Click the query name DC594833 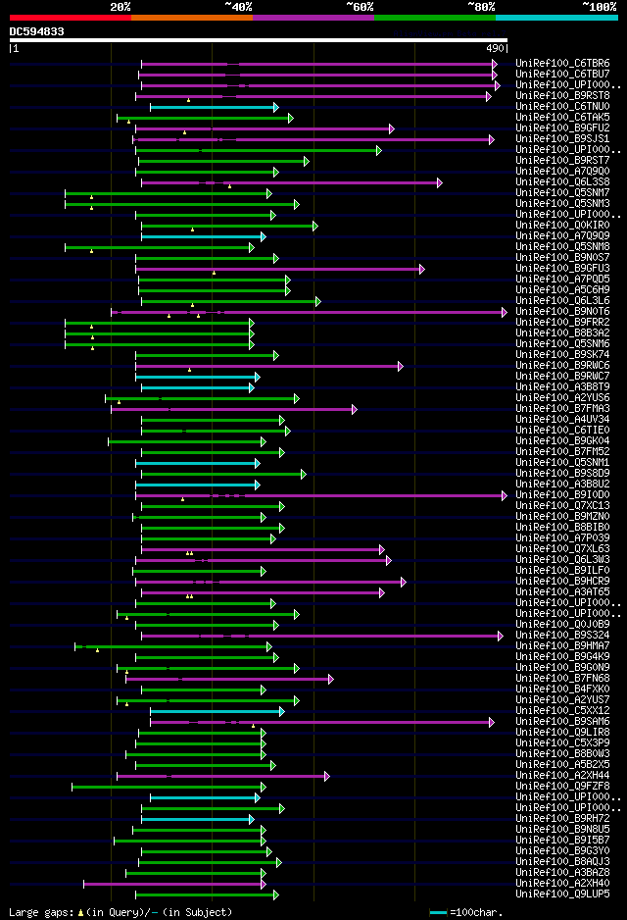[37, 31]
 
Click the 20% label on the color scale [121, 6]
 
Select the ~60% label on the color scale [360, 6]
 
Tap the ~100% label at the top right [599, 6]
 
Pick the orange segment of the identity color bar [191, 17]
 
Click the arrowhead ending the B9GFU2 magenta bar [391, 128]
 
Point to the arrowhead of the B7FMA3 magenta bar [355, 409]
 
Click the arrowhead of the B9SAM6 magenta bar [491, 722]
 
